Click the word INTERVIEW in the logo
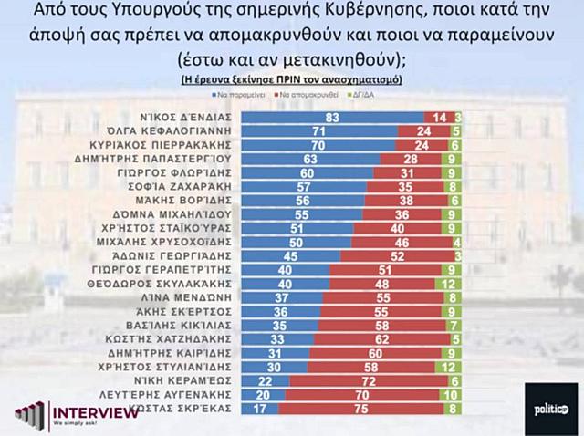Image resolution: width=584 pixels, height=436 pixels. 96,412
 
